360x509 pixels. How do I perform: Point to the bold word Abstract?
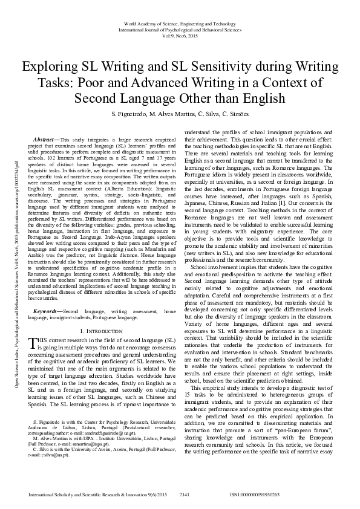[x=48, y=140]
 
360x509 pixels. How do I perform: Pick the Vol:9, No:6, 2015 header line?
[x=180, y=34]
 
